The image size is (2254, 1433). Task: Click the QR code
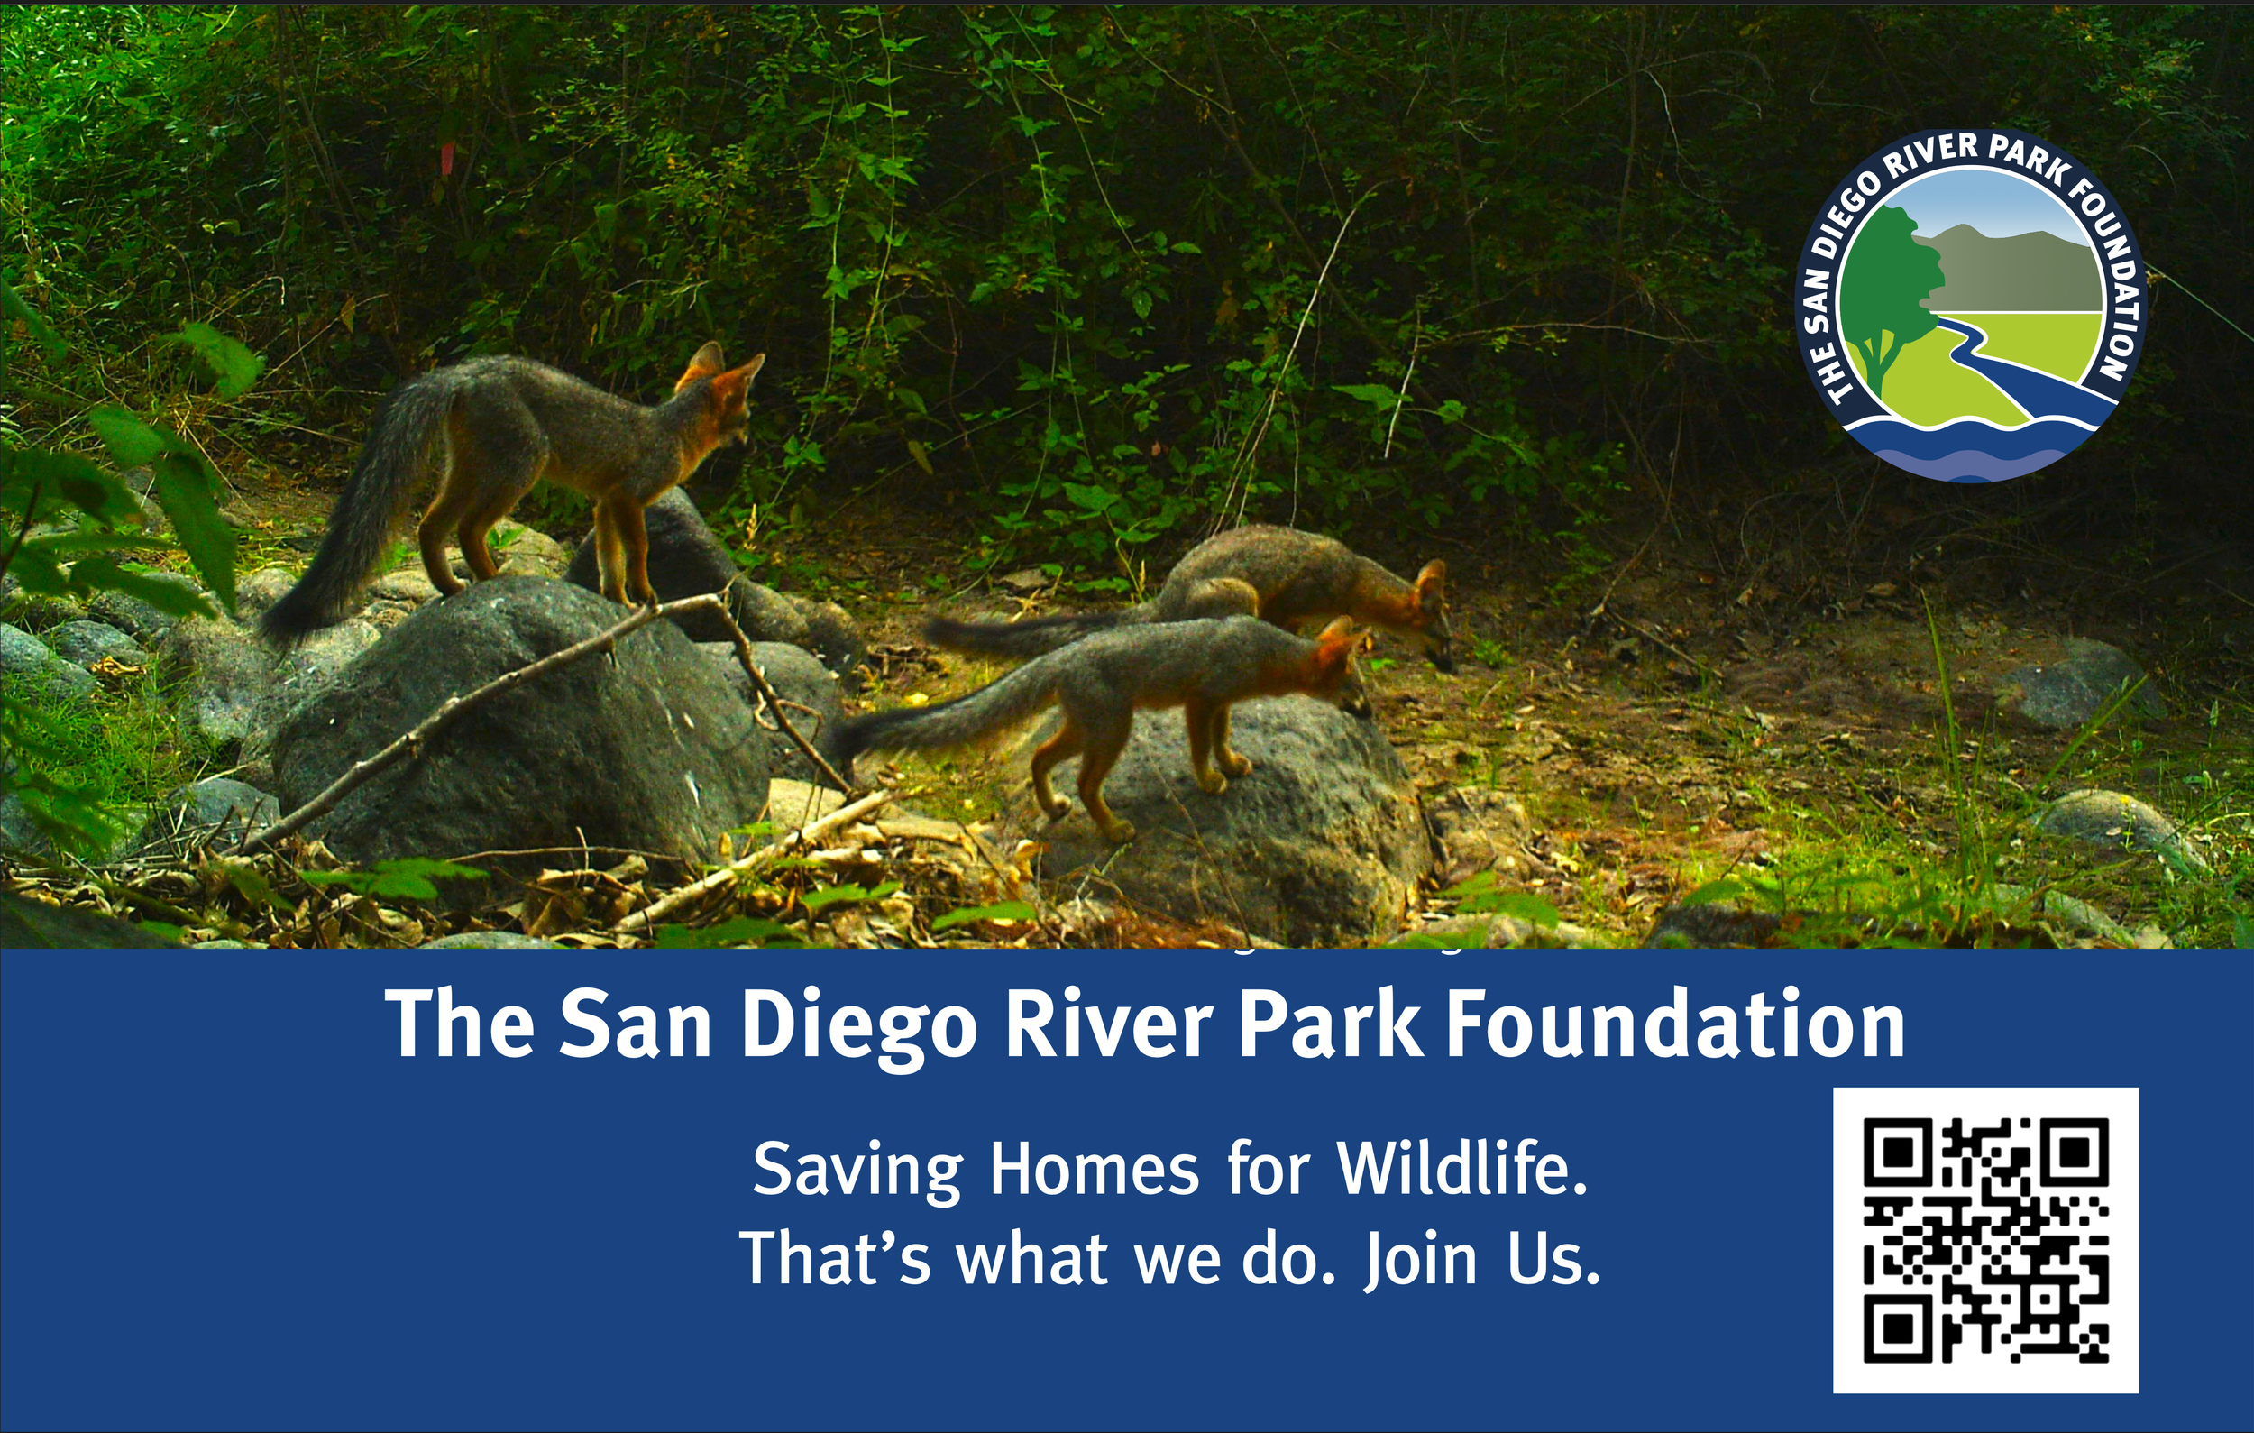pyautogui.click(x=1985, y=1241)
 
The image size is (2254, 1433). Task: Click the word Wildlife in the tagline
pyautogui.click(x=1462, y=1169)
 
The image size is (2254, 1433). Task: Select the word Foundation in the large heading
pyautogui.click(x=1675, y=1024)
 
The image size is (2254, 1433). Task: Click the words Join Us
pyautogui.click(x=1481, y=1261)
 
